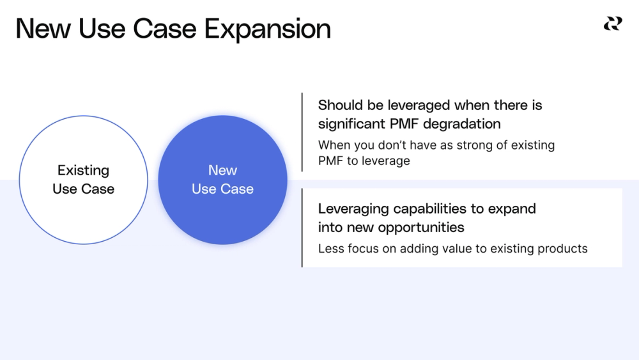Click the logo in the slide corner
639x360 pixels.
point(612,24)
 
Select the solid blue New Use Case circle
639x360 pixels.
point(222,180)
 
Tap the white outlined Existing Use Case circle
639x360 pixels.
point(83,180)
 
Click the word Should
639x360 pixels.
point(341,105)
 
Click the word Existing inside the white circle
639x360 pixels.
point(83,170)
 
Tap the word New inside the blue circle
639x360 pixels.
point(222,170)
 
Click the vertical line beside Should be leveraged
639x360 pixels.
point(302,132)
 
